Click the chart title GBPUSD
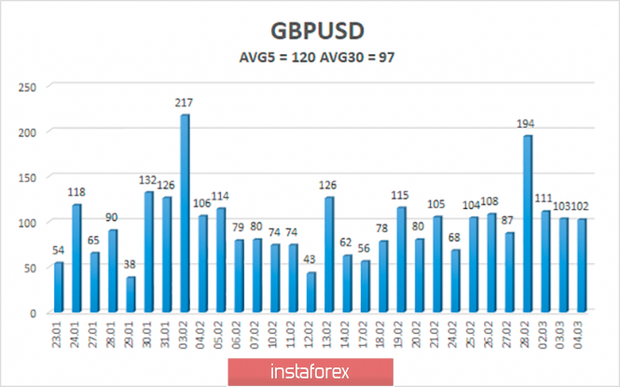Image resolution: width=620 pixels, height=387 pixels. tap(310, 30)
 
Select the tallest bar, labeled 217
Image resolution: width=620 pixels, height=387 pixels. tap(185, 213)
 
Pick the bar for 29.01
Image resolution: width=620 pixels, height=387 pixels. tap(131, 294)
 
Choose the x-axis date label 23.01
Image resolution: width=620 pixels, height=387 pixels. tap(60, 335)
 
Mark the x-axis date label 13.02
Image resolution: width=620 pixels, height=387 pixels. tap(330, 335)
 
